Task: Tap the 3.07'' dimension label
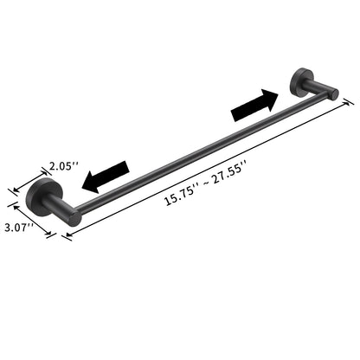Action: tap(19, 227)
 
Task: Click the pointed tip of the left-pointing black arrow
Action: tap(82, 183)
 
